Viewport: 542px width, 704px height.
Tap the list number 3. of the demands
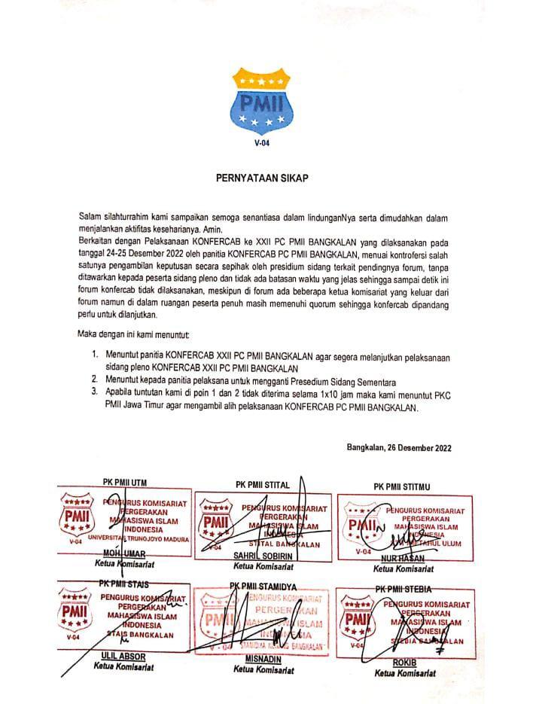tap(95, 392)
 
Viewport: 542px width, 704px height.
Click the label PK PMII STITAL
tap(267, 486)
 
